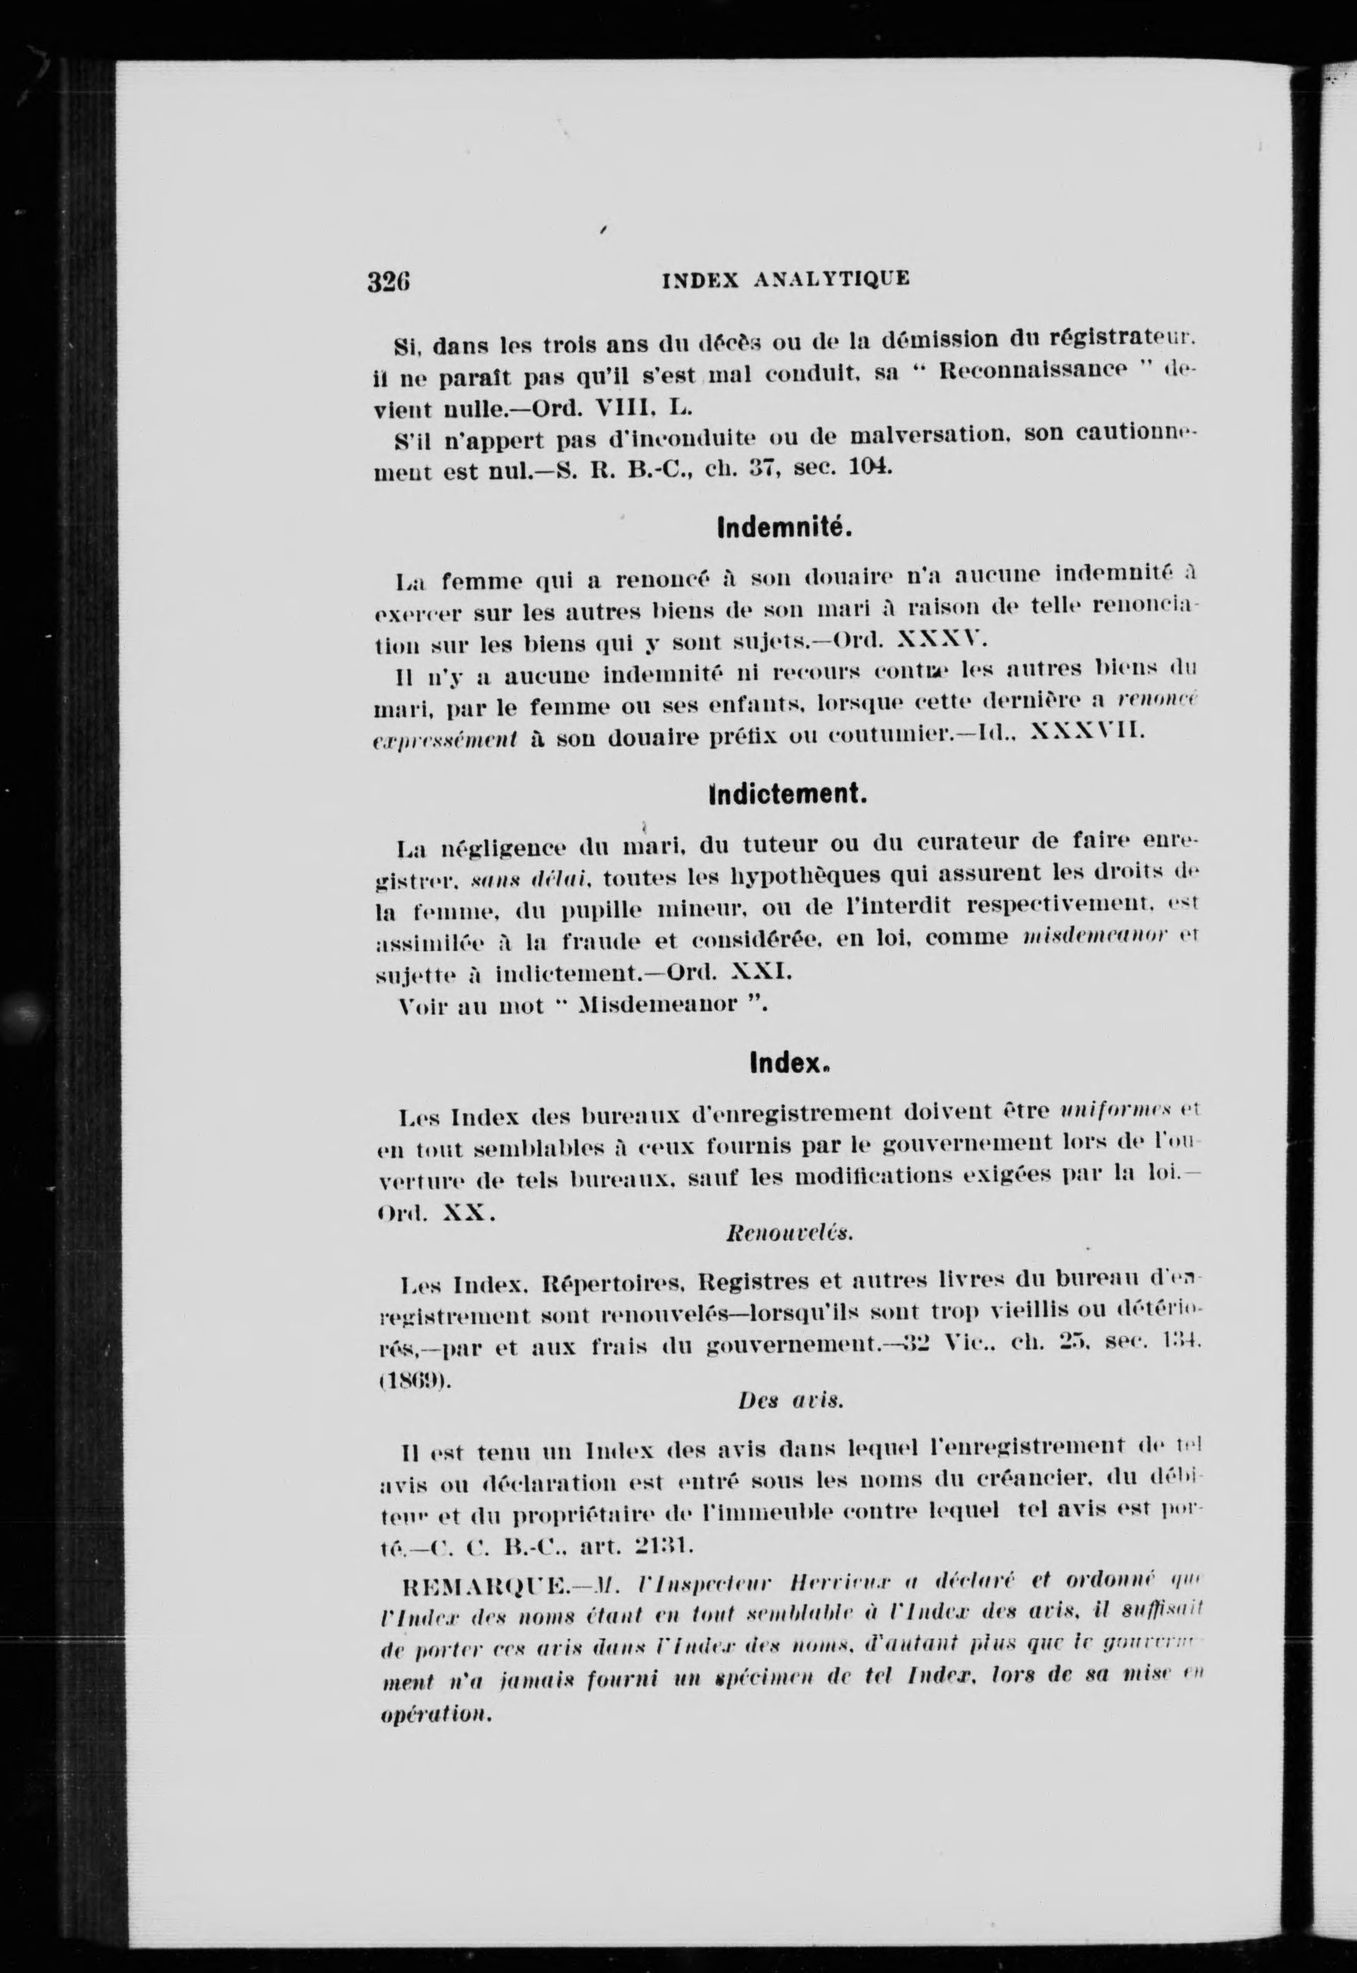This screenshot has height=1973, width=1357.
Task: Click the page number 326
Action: [x=389, y=282]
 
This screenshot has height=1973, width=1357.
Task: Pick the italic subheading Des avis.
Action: [x=790, y=1401]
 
